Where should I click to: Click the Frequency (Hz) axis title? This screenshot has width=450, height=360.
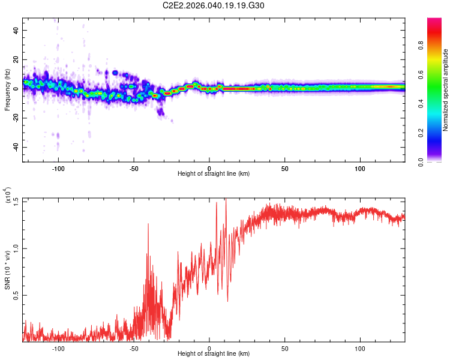click(7, 89)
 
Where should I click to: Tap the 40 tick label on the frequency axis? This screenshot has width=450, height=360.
click(16, 30)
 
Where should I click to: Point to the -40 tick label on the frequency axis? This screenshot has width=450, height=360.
click(14, 148)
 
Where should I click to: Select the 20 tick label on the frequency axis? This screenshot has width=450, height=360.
click(16, 59)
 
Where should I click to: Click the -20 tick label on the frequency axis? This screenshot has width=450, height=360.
click(14, 118)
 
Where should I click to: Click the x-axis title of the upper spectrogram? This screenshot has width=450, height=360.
click(214, 174)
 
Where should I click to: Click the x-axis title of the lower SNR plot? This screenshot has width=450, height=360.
click(214, 353)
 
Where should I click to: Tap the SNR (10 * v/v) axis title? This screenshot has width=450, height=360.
click(7, 269)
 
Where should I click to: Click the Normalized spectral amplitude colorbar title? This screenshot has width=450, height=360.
click(446, 90)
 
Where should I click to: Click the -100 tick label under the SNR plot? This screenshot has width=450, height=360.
click(58, 348)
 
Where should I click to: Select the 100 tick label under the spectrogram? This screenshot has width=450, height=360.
click(360, 169)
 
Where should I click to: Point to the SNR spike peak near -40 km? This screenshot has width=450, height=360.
click(148, 224)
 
